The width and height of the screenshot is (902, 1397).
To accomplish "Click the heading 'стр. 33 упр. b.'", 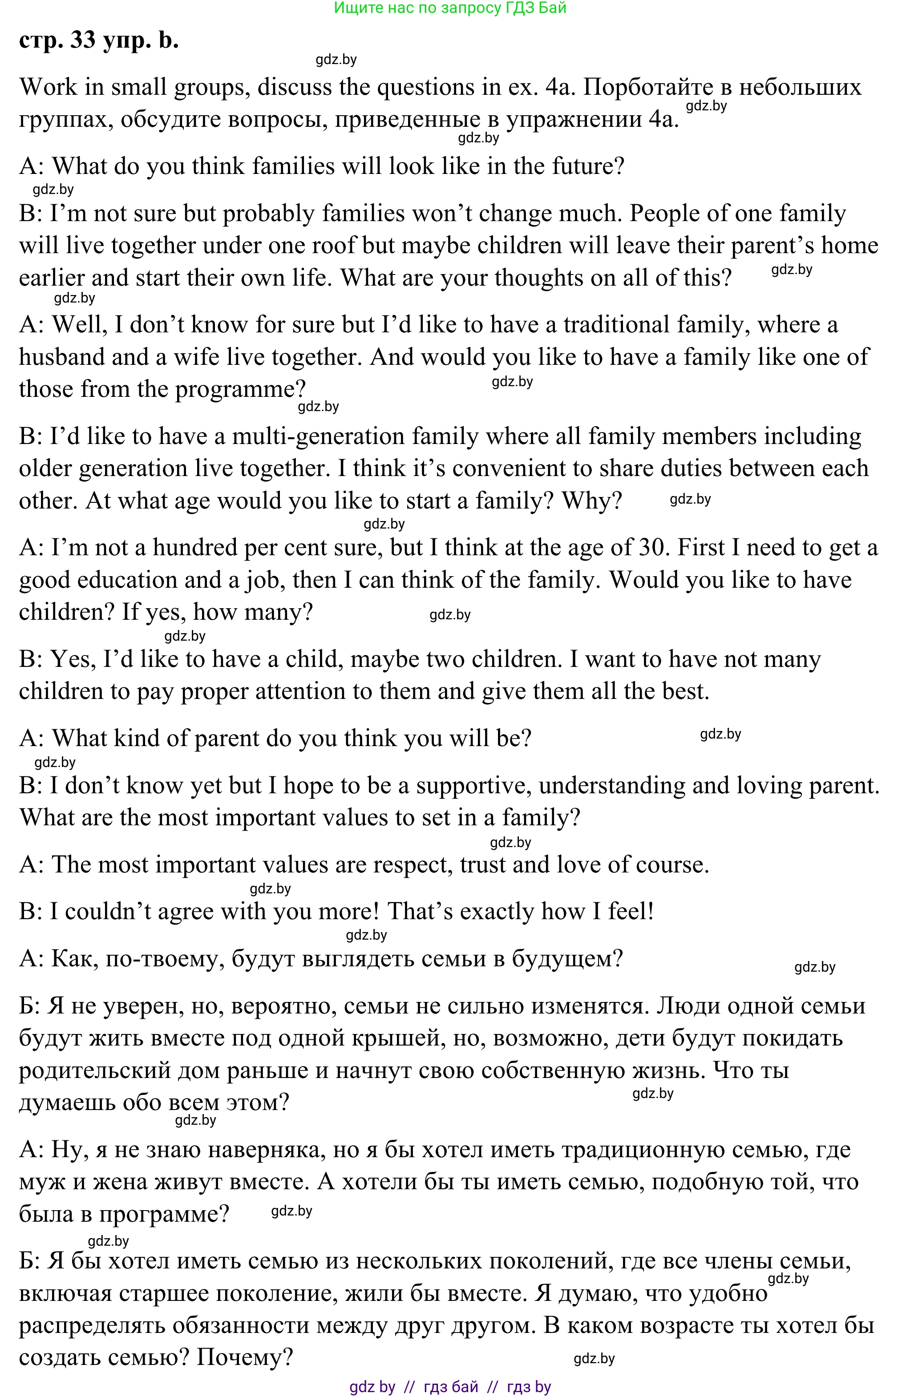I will tap(98, 40).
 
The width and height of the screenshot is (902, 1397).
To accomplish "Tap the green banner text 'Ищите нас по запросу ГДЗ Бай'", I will tap(450, 8).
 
